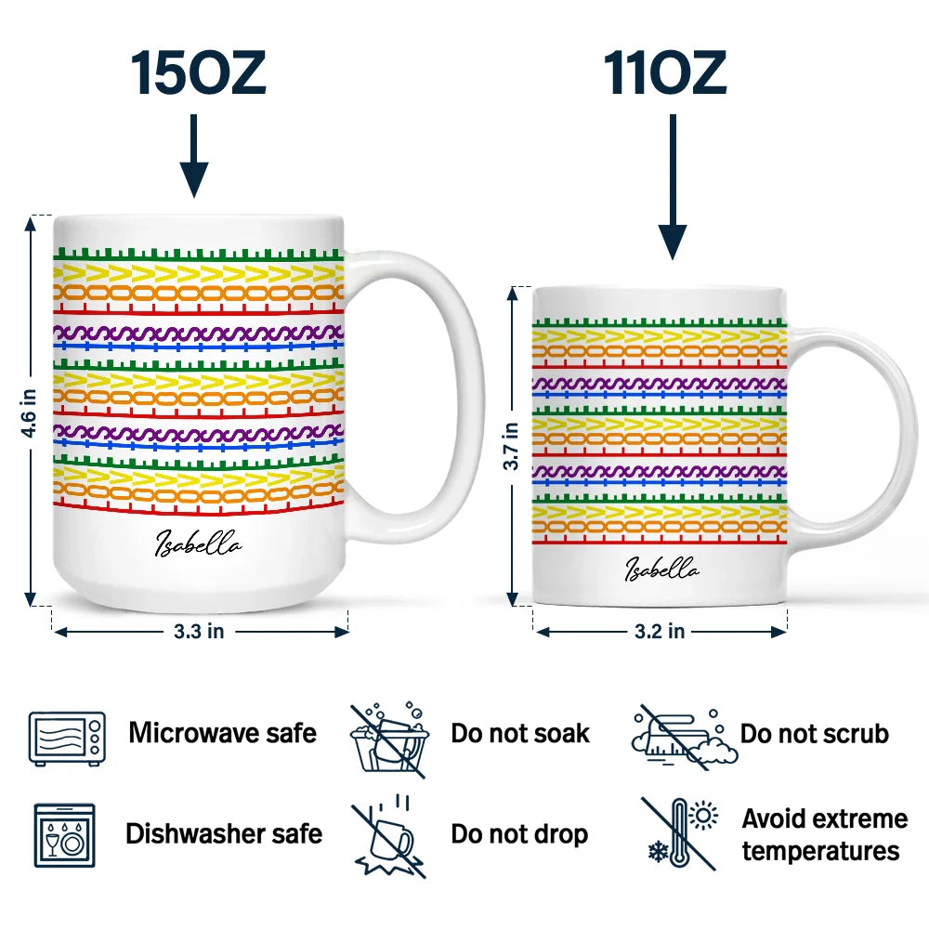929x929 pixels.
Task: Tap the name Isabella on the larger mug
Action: click(198, 544)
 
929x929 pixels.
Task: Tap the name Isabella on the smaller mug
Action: click(661, 569)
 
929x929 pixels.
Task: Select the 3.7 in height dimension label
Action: click(511, 447)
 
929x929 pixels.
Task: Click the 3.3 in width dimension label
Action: click(199, 632)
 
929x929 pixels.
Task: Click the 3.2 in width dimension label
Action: click(660, 632)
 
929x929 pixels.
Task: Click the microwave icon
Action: click(67, 739)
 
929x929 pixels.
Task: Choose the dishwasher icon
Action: click(65, 835)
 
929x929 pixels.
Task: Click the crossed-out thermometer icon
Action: click(680, 834)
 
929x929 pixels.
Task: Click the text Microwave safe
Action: click(223, 733)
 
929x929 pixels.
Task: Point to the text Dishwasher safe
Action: click(224, 833)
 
